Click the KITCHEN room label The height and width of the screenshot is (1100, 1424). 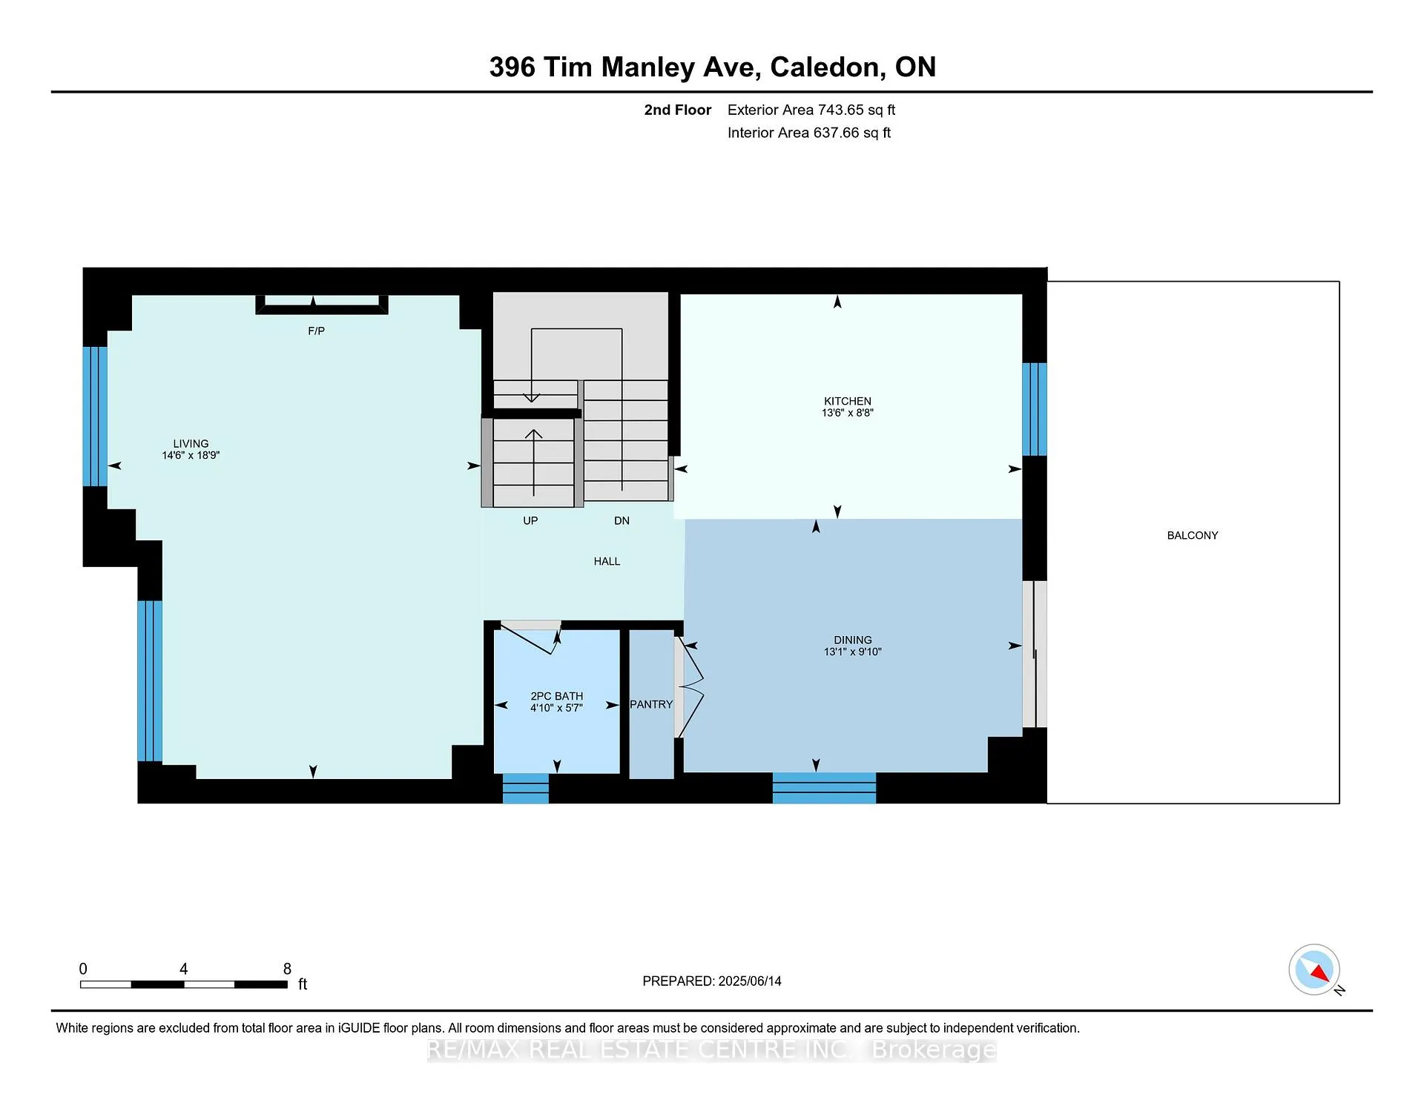(847, 401)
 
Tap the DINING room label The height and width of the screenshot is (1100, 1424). (852, 640)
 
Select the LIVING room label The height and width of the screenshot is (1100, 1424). (191, 443)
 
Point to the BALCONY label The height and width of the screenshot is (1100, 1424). (1193, 535)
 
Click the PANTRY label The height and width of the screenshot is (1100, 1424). (651, 704)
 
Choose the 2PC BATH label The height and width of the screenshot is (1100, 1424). (557, 696)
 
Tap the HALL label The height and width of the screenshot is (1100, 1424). (607, 561)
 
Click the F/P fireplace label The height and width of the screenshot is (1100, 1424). (316, 331)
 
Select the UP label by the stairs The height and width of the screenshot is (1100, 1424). (530, 520)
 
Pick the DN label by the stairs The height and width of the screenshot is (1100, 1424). (622, 520)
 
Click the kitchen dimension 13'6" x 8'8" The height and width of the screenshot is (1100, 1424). (847, 413)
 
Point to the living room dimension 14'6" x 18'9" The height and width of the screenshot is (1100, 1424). (191, 455)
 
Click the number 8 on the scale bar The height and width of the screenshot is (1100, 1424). (287, 969)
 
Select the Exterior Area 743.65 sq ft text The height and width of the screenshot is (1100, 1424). (811, 110)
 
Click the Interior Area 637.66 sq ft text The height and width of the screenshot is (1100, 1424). (809, 133)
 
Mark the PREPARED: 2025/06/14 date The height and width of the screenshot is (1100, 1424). (712, 981)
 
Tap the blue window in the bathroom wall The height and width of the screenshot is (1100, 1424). (526, 788)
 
